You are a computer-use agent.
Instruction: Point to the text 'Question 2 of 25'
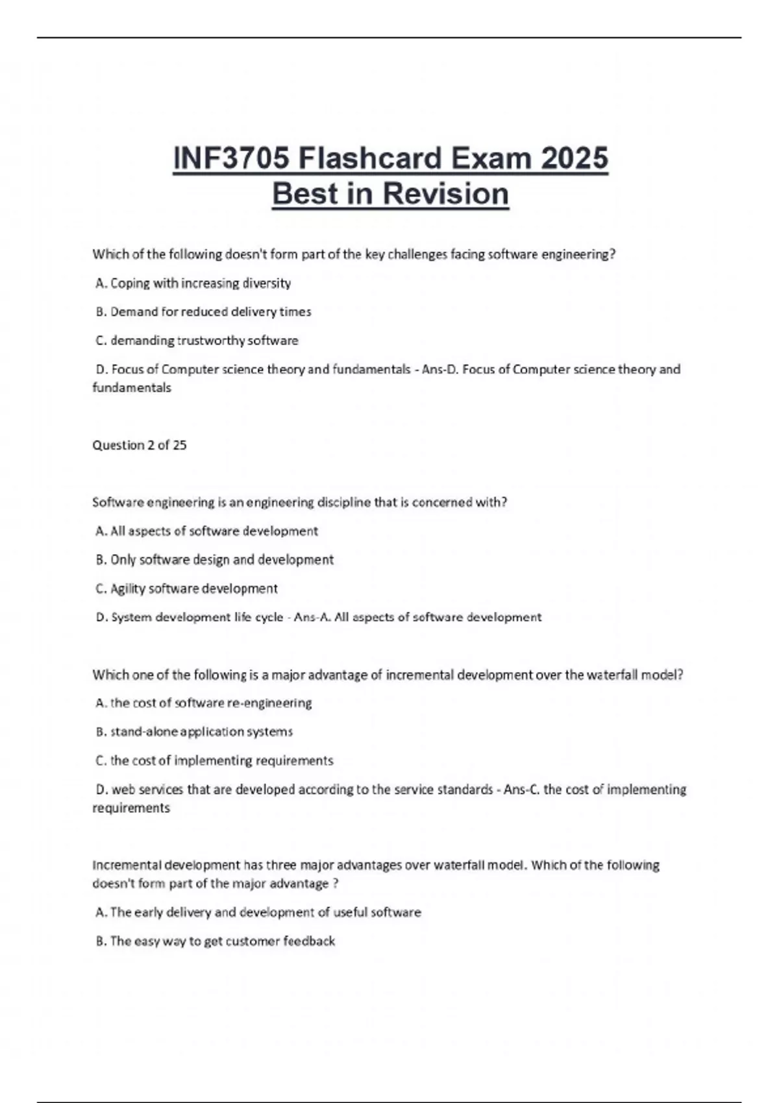click(x=140, y=445)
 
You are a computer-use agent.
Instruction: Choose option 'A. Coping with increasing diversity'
click(x=193, y=283)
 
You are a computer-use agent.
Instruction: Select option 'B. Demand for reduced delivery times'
click(x=204, y=311)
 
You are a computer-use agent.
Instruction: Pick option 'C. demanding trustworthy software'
click(x=197, y=340)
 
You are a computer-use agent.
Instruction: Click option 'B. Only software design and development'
click(x=215, y=559)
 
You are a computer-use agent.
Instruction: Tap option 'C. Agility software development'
click(x=187, y=588)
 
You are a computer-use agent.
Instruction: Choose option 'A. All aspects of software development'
click(x=207, y=531)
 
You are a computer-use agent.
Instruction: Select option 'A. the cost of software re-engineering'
click(x=204, y=703)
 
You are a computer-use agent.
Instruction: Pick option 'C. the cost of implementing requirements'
click(x=215, y=760)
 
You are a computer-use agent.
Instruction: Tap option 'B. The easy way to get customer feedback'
click(x=216, y=941)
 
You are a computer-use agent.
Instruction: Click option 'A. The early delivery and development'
click(x=258, y=912)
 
